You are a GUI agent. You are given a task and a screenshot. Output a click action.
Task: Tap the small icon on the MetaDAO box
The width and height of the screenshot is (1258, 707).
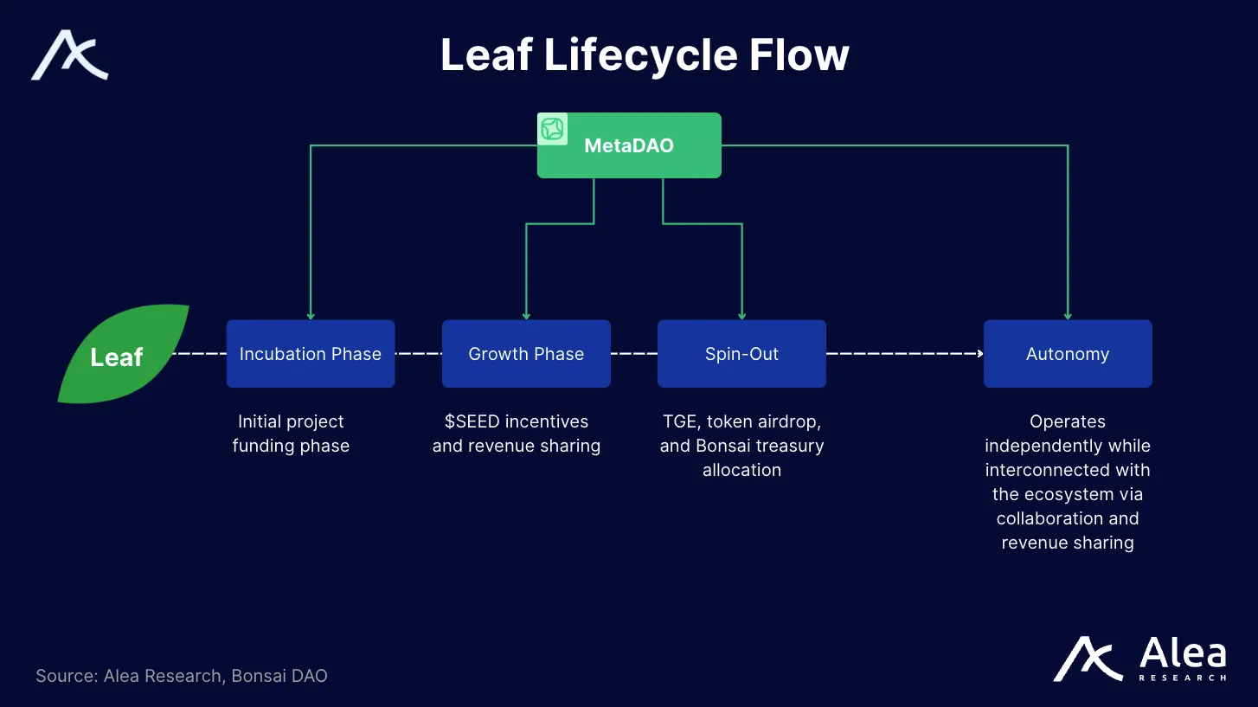[552, 129]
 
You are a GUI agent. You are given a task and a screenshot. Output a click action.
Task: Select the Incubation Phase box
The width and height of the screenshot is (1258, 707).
[310, 354]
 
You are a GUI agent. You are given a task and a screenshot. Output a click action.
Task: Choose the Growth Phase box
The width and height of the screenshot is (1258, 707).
[526, 354]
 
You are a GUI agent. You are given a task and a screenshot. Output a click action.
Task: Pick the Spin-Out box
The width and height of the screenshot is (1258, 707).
[741, 354]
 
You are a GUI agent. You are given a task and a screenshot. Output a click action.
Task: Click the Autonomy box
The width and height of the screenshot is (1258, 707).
[1067, 354]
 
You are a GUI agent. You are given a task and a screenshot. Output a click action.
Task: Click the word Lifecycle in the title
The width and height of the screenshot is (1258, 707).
[639, 55]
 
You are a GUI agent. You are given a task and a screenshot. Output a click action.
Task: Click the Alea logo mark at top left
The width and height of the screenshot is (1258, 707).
[69, 55]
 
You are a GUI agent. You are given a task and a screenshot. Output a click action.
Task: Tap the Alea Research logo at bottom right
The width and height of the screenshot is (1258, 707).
[1139, 660]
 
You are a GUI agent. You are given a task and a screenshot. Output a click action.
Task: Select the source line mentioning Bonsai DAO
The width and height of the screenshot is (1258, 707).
[182, 676]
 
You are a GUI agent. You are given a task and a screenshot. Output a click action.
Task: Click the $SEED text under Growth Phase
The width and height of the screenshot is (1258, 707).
[472, 421]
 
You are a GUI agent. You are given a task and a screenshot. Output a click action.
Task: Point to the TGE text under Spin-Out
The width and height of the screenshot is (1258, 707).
[679, 421]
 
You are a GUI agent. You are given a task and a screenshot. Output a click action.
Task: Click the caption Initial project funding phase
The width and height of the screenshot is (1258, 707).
[291, 434]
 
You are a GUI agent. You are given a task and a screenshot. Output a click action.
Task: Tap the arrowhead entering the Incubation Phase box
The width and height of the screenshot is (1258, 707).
[311, 316]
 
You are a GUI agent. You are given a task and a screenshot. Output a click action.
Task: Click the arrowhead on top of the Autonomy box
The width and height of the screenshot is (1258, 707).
[1068, 316]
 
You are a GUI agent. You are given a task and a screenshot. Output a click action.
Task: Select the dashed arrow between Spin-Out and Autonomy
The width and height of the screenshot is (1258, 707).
[904, 354]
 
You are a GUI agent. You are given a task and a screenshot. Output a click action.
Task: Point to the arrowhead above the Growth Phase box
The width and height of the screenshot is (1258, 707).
[526, 316]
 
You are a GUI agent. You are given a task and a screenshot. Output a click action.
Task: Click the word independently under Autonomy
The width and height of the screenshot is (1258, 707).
[1067, 446]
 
